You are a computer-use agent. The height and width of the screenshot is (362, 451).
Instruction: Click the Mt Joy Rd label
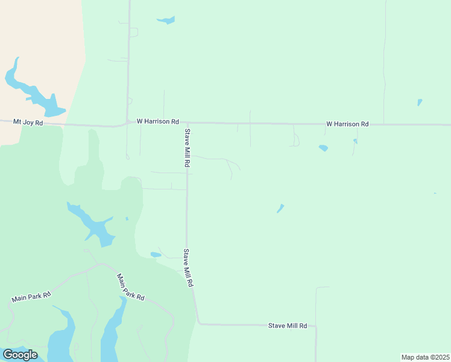(x=28, y=122)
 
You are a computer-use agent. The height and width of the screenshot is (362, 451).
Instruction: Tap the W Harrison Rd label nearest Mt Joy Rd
(x=158, y=121)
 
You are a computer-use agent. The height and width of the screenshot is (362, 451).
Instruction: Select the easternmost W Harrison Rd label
(x=347, y=124)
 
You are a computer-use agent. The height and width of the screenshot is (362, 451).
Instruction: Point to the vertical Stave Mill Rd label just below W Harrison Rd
(x=188, y=148)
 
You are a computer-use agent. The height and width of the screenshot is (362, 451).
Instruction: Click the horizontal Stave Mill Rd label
(x=288, y=326)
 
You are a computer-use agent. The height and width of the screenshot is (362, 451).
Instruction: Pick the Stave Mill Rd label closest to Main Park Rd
(x=189, y=267)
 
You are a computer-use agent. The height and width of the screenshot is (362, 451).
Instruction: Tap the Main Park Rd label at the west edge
(x=31, y=297)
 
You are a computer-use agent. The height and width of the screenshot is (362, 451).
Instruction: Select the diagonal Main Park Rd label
(x=131, y=287)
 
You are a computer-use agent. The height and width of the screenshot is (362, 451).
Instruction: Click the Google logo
(x=20, y=355)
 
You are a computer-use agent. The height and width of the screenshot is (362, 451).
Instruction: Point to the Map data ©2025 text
(x=425, y=357)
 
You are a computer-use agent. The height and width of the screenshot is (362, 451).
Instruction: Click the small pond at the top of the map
(x=166, y=21)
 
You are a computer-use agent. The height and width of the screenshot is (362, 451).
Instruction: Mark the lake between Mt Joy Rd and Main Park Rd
(x=95, y=226)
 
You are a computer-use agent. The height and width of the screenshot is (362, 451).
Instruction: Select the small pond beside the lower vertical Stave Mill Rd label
(x=156, y=255)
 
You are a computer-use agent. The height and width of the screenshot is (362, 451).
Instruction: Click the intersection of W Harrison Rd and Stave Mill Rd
(x=186, y=124)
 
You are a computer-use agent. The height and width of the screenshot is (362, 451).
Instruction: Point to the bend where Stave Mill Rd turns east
(x=198, y=323)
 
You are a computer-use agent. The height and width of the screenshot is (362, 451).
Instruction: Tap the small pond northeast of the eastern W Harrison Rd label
(x=420, y=102)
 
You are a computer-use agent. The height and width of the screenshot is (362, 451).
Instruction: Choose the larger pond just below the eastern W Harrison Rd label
(x=324, y=148)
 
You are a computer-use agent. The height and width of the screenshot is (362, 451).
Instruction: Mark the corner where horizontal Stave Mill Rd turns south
(x=315, y=327)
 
